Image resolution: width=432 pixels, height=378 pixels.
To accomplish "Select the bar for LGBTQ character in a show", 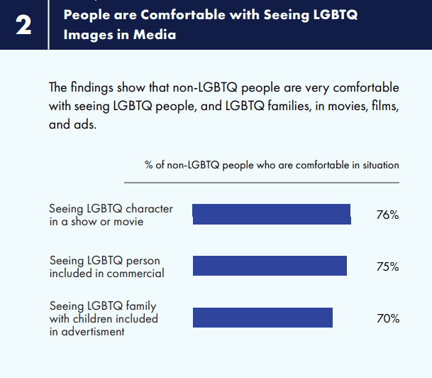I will pos(272,215).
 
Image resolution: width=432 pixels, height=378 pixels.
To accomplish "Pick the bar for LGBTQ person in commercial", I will pos(270,266).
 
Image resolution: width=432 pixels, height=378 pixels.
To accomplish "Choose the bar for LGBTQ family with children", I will pos(262,318).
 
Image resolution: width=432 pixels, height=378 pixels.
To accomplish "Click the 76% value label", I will pos(387,215).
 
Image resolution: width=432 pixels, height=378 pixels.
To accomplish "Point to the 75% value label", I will pos(387,266).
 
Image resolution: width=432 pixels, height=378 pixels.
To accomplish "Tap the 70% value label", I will pos(387,318).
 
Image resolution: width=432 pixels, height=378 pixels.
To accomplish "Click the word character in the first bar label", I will pos(148,209).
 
